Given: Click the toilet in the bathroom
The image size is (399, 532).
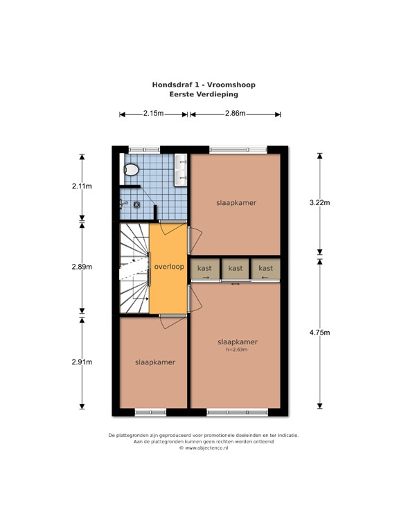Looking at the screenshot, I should (130, 170).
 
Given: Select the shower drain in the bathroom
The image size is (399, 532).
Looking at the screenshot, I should (136, 204).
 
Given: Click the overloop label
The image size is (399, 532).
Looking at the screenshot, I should (169, 267).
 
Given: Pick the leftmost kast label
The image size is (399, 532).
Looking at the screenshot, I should (204, 268).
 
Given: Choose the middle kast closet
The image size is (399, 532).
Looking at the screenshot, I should (236, 269).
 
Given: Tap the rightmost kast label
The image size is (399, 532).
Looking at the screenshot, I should (266, 268).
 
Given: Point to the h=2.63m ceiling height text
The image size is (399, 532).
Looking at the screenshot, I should (237, 350).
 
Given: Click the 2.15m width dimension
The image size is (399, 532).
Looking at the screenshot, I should (154, 114).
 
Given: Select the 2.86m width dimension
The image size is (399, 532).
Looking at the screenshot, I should (236, 114).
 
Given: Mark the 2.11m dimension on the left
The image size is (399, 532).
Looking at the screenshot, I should (82, 186).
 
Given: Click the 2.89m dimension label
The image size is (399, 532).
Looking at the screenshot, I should (82, 267).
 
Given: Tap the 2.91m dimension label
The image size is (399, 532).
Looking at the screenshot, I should (82, 362).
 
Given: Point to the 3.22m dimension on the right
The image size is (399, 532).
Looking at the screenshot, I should (320, 203).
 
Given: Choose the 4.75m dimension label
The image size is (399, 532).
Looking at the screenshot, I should (320, 333).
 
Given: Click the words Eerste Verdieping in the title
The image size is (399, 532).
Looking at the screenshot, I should (204, 94).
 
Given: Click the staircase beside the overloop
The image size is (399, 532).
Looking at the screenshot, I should (134, 267).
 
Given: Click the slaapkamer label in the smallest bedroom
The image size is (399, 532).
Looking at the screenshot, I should (155, 362).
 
